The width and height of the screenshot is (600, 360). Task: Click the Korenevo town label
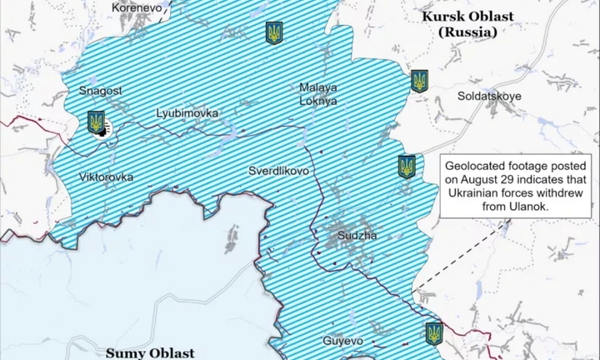[137, 7]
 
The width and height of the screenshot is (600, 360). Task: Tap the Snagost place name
[101, 89]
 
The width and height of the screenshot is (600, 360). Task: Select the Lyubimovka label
[187, 112]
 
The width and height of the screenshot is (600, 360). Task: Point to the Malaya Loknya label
[318, 93]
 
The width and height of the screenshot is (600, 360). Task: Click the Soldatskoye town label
[489, 96]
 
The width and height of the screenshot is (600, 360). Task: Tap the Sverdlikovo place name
[279, 171]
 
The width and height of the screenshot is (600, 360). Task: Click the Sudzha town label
[357, 236]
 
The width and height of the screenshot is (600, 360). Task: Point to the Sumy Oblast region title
[150, 352]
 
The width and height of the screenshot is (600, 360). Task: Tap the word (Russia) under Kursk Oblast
[467, 32]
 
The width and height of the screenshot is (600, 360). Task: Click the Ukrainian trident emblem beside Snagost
[96, 122]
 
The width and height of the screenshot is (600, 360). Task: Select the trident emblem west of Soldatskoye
[419, 81]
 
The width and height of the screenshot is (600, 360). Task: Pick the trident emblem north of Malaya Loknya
[273, 32]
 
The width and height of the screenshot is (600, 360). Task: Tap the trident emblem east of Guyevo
[433, 333]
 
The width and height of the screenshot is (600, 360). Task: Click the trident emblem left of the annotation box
[407, 167]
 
